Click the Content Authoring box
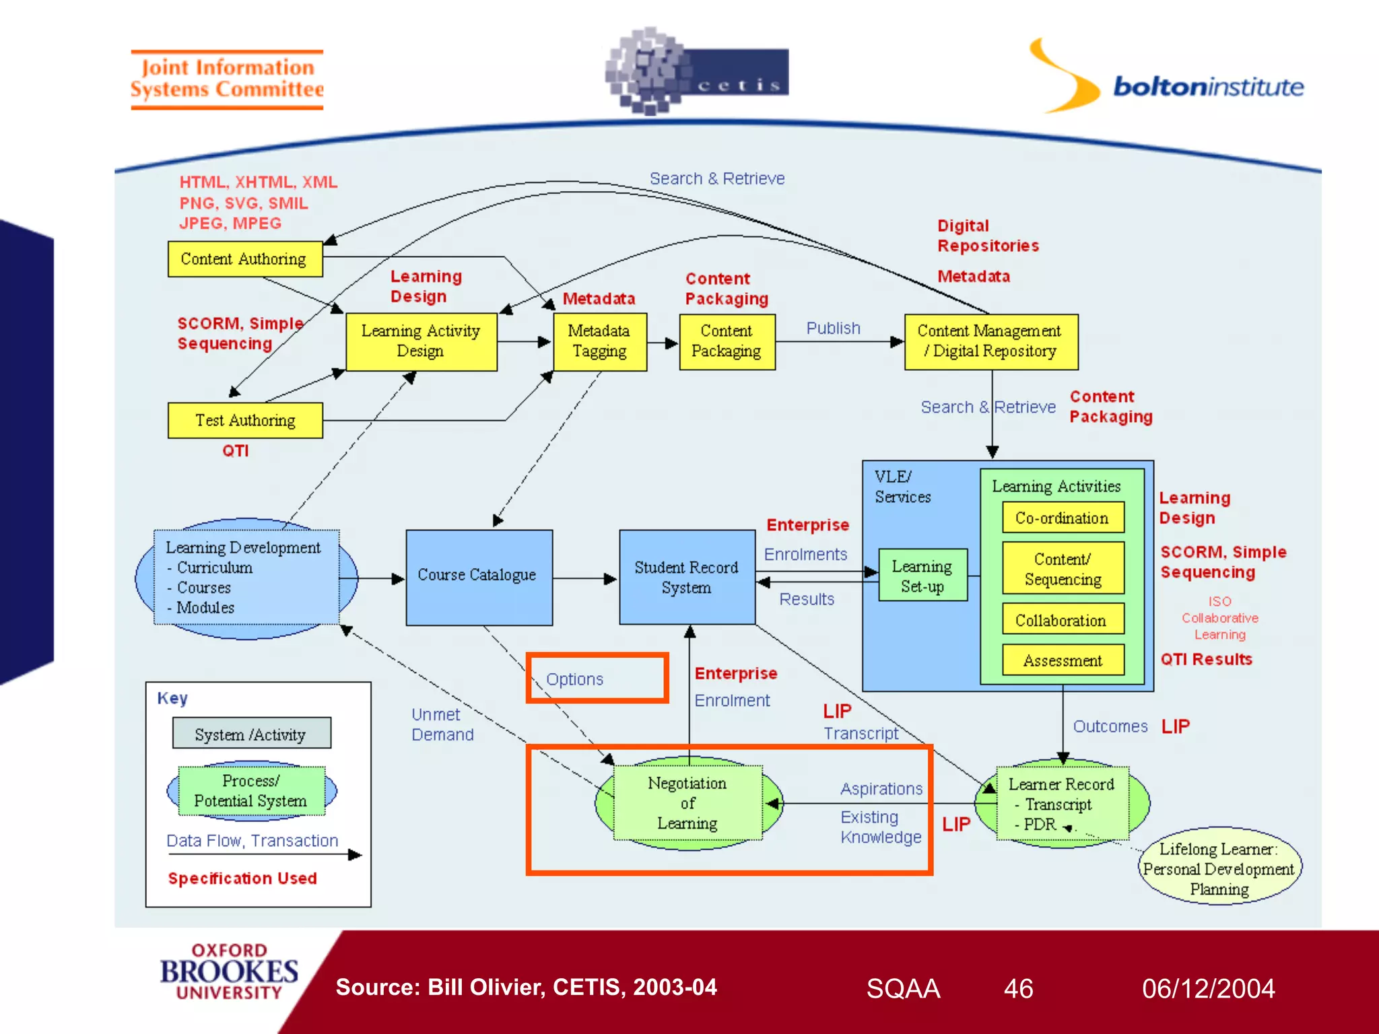[x=245, y=259]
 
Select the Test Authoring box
[x=245, y=421]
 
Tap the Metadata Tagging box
[x=599, y=341]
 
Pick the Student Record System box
[x=686, y=577]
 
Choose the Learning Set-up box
[x=922, y=576]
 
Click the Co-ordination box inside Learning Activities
[x=1062, y=518]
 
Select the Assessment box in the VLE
[x=1063, y=660]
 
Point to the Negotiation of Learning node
[x=687, y=803]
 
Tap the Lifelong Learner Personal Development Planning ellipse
[x=1219, y=868]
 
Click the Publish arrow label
[x=834, y=329]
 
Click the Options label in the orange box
[x=575, y=679]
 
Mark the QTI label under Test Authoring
[x=236, y=451]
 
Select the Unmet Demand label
[x=442, y=724]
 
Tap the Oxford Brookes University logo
[x=229, y=972]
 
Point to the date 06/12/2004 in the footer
[x=1208, y=989]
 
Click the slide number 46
[x=1018, y=989]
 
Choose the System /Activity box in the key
[x=251, y=734]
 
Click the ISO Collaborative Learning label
[x=1219, y=618]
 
